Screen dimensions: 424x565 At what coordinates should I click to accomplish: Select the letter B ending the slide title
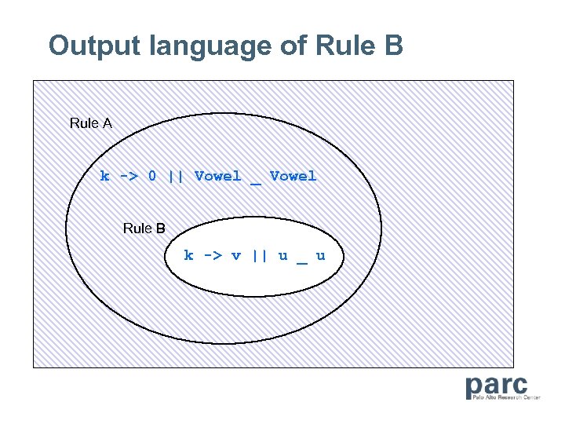393,46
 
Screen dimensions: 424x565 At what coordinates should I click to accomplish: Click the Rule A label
91,123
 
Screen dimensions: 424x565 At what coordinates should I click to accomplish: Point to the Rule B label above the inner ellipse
144,228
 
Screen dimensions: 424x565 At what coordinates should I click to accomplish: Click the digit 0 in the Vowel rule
152,176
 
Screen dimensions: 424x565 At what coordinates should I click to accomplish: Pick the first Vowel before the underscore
218,176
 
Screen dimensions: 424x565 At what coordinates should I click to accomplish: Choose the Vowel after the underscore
293,176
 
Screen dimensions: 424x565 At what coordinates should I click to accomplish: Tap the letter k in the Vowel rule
104,176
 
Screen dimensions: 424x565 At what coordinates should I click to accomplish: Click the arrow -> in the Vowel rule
128,176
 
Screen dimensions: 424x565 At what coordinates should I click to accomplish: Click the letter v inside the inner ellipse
235,255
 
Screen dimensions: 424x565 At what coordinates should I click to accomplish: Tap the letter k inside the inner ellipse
188,255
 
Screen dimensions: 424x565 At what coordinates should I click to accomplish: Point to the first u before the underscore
282,255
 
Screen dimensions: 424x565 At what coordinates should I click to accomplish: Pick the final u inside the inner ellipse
320,255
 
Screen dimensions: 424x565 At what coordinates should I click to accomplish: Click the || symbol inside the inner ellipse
259,255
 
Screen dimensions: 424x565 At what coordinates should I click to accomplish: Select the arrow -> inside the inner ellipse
212,255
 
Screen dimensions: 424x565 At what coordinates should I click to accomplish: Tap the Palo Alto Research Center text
505,398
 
